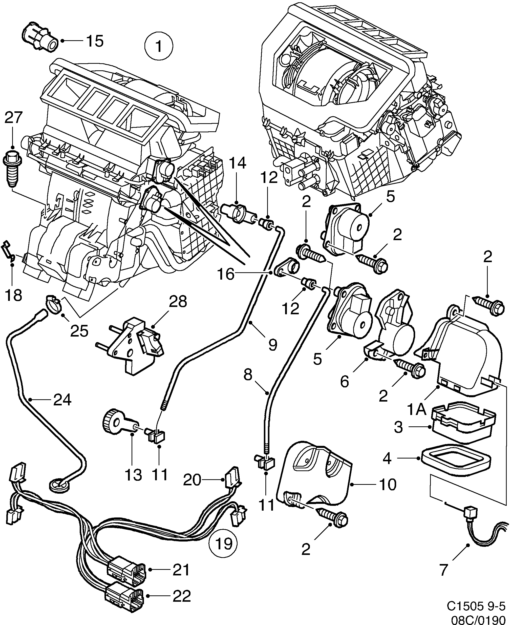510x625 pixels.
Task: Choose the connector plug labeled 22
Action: pos(125,596)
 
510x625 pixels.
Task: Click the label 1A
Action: pos(416,410)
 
